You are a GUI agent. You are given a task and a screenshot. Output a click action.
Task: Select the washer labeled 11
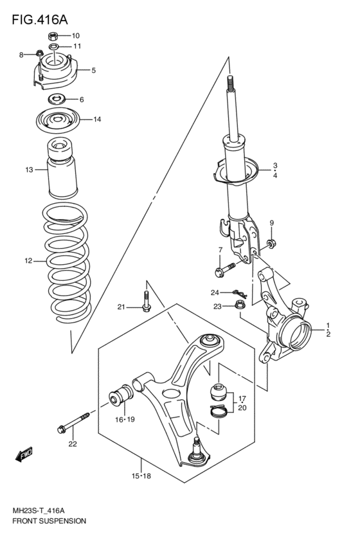[56, 47]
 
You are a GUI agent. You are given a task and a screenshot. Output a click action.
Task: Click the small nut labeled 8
[40, 54]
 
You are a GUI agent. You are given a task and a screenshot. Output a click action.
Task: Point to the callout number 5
[93, 70]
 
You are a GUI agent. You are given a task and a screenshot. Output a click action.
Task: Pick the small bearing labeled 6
[57, 99]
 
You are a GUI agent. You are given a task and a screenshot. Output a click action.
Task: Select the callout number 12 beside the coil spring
[28, 261]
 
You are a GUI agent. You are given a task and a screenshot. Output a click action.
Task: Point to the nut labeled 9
[271, 243]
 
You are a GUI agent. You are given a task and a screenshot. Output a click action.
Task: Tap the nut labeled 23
[239, 306]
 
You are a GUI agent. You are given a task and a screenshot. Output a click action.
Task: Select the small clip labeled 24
[237, 293]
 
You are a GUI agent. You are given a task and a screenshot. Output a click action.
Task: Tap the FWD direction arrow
[24, 455]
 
